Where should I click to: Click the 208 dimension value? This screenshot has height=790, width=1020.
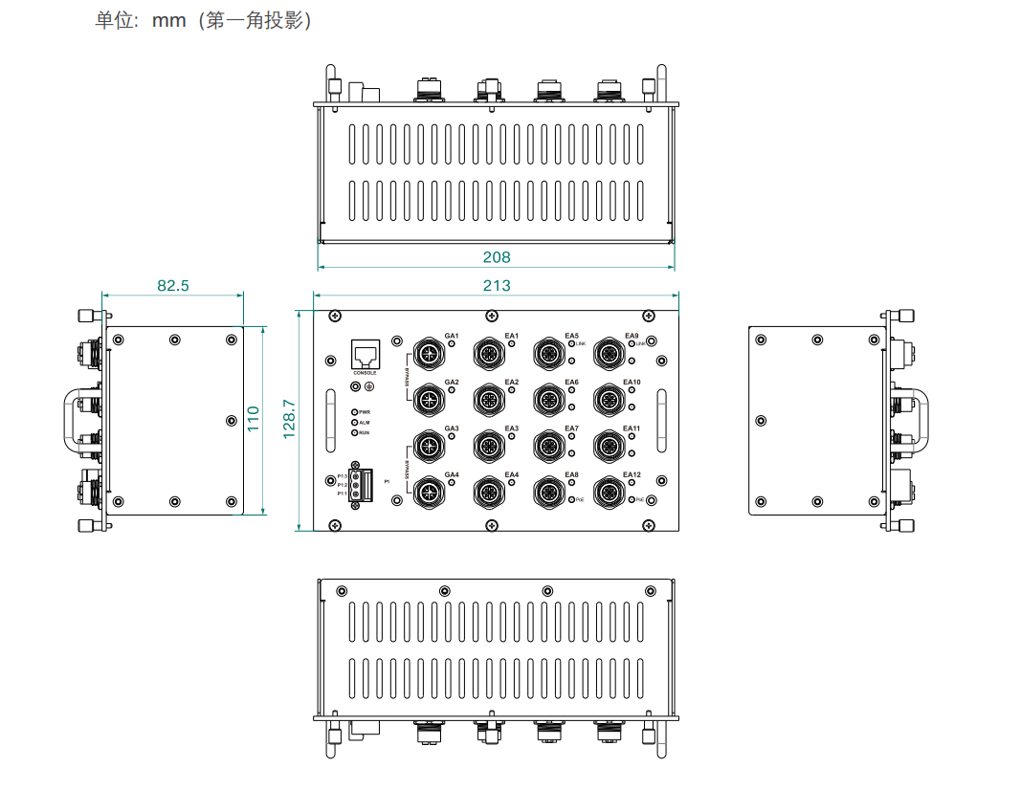point(497,257)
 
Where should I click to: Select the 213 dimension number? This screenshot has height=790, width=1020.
point(497,285)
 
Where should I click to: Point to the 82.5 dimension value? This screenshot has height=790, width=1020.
point(172,285)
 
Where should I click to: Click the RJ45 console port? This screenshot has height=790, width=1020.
point(365,355)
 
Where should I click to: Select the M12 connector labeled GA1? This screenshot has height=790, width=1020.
point(426,355)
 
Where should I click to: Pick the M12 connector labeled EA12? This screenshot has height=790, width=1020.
point(608,494)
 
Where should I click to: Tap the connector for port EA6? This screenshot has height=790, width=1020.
point(547,399)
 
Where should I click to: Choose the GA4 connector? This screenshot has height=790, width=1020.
point(426,494)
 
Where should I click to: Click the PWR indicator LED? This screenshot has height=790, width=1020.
point(355,411)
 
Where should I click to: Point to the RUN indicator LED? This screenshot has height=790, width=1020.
point(355,433)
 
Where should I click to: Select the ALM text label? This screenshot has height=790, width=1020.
point(365,423)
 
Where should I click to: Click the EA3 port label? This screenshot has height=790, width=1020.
point(512,428)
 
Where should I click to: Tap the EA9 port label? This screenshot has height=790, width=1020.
point(632,336)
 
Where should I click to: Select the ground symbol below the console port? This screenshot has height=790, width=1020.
point(368,386)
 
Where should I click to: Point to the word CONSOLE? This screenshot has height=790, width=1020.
point(365,373)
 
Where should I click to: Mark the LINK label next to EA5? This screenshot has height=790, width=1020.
point(581,342)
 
